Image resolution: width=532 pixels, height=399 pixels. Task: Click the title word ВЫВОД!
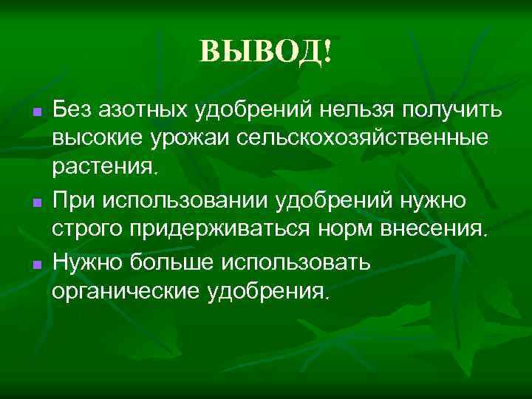(266, 52)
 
